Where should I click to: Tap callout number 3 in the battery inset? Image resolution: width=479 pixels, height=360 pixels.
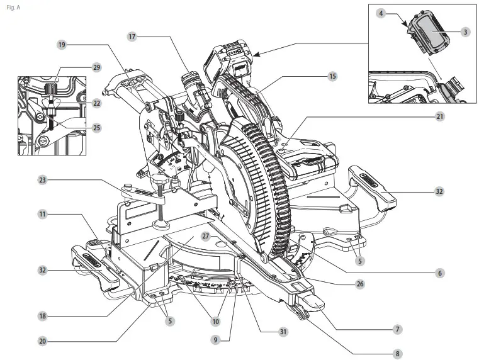465,31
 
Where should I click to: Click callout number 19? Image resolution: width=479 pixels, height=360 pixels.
62,45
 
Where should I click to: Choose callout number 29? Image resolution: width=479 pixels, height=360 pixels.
96,67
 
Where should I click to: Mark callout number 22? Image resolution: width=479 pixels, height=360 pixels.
97,103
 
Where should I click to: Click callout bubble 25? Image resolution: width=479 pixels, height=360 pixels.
96,128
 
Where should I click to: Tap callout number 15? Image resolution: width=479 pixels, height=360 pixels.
332,76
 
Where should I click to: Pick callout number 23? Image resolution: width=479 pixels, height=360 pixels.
42,180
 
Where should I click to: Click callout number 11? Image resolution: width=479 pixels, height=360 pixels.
42,214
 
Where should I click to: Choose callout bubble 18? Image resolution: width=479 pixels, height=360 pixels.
42,316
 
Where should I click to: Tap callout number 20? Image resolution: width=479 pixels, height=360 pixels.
42,341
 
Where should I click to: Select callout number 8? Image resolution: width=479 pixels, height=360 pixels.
397,354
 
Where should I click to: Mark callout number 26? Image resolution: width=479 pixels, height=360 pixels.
360,284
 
